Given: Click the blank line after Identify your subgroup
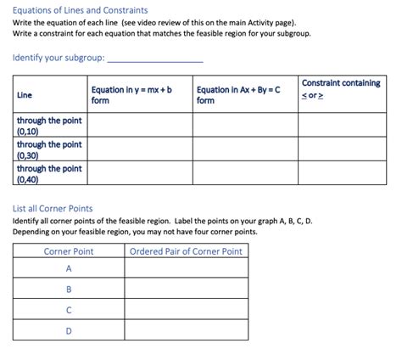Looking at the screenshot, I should tap(156, 59).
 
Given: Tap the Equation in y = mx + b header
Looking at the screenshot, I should tap(131, 94).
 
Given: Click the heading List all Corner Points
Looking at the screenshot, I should tap(53, 208).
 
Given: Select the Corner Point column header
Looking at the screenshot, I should tap(69, 250).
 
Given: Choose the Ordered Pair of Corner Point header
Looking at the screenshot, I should tap(185, 250).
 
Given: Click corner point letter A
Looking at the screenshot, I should tap(69, 268).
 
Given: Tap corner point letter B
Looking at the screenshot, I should tap(69, 289).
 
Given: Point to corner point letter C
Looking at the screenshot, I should tap(69, 310).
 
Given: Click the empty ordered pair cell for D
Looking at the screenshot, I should tap(185, 330).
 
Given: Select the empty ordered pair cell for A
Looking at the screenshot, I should tap(185, 268).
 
